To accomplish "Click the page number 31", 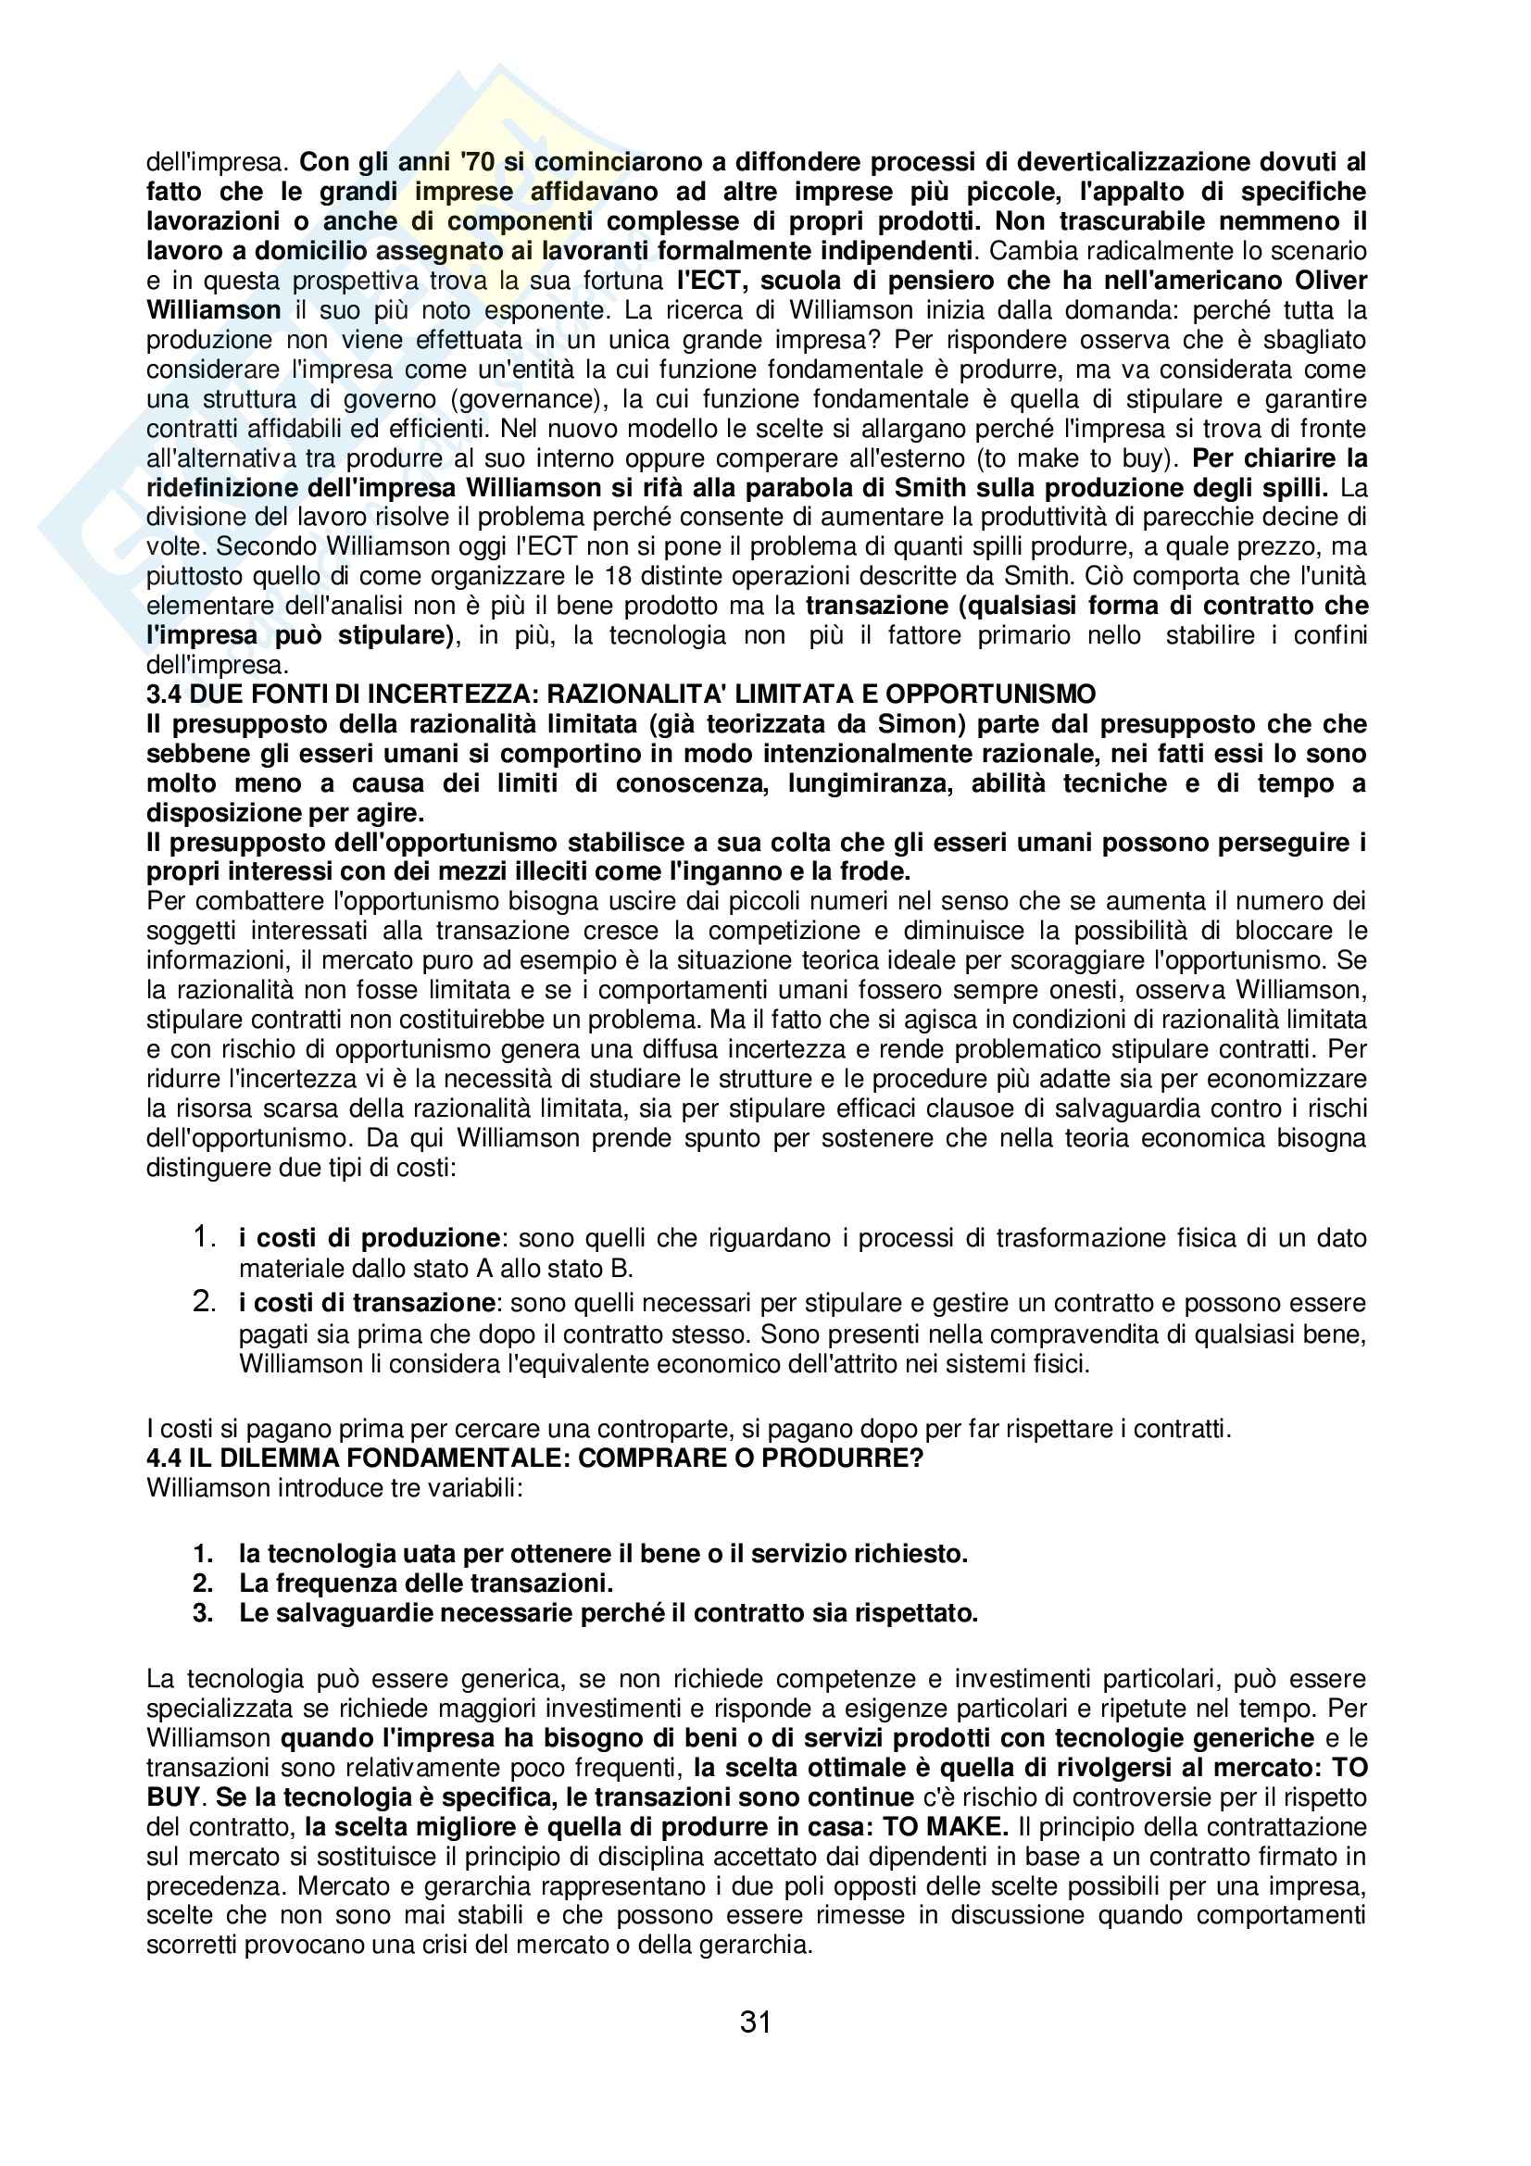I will coord(756,2022).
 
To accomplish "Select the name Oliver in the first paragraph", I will coord(1330,281).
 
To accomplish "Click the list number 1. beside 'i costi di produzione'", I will coord(205,1236).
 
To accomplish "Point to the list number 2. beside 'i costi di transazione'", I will coord(205,1302).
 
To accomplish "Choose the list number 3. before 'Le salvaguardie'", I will coord(203,1612).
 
